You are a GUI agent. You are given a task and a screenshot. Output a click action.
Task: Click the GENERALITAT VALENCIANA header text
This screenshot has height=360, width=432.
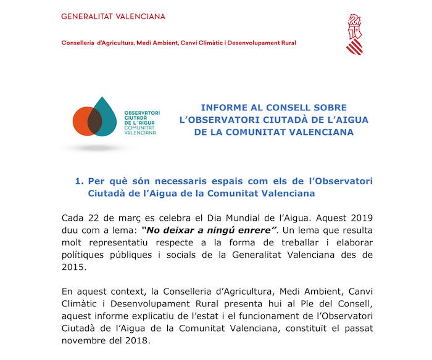pos(113,17)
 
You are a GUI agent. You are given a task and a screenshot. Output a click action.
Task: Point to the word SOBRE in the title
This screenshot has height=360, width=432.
pos(330,107)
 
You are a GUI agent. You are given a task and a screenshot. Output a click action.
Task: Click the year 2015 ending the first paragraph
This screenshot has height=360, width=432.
pos(75,268)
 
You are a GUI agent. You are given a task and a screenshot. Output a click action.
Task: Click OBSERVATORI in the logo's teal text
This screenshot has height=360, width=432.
pos(142,113)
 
